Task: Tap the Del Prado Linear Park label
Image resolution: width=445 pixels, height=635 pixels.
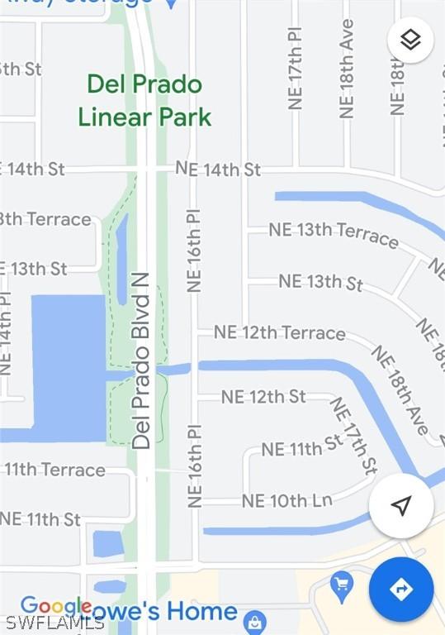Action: [144, 101]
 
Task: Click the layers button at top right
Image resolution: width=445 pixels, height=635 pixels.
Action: [410, 40]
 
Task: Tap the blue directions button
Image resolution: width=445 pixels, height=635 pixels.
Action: [401, 590]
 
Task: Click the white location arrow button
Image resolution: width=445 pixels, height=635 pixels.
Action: [401, 506]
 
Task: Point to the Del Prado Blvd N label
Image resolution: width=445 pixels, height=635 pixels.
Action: [142, 360]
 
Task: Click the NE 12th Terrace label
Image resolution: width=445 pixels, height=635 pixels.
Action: [280, 332]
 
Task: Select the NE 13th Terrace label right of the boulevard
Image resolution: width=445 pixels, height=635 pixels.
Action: [334, 234]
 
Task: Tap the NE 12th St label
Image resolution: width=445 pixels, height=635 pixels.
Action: [263, 397]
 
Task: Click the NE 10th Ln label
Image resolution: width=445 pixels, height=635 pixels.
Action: [286, 501]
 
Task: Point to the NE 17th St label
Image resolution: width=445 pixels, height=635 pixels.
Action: [354, 435]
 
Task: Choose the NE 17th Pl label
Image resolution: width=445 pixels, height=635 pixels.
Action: [296, 68]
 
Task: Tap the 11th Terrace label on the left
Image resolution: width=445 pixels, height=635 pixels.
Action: [54, 470]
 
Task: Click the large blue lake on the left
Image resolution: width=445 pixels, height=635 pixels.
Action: [66, 364]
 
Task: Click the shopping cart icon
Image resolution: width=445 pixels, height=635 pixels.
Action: [341, 586]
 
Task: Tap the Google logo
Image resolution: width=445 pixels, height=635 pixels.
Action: [55, 607]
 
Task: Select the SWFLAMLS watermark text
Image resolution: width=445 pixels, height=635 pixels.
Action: [54, 622]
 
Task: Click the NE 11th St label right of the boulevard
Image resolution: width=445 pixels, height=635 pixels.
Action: [301, 446]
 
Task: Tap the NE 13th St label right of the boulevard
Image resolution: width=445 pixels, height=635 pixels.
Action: [320, 282]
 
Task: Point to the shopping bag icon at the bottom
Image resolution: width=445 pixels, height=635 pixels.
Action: [255, 621]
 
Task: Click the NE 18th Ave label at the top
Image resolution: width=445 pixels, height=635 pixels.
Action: [347, 68]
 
